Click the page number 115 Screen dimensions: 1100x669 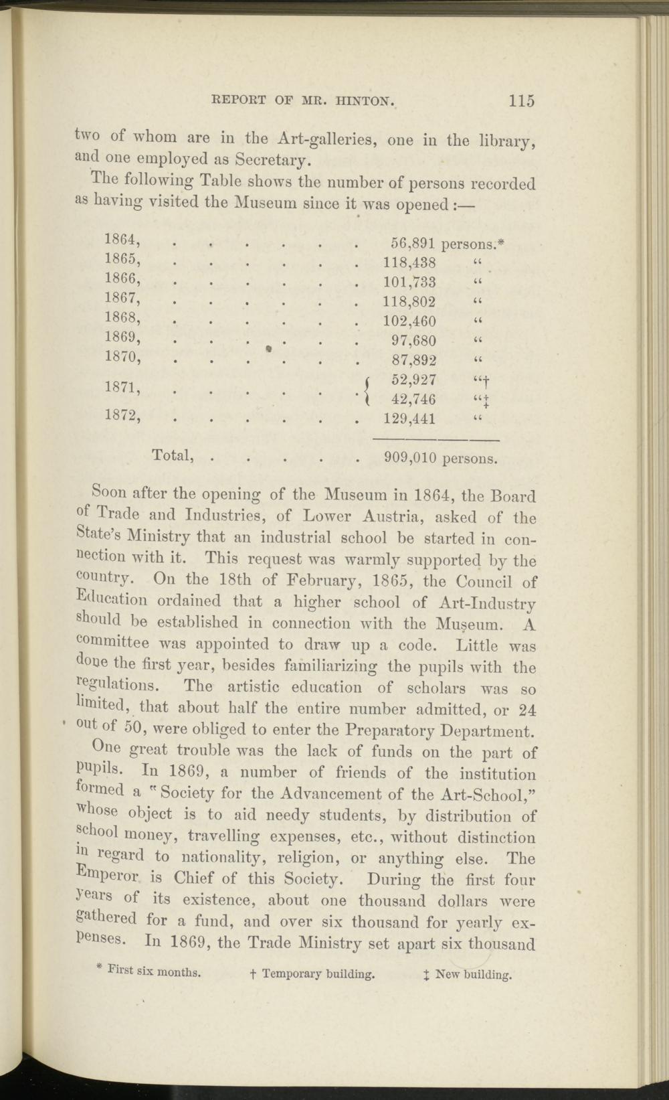pyautogui.click(x=521, y=101)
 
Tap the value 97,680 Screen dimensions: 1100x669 pyautogui.click(x=413, y=340)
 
